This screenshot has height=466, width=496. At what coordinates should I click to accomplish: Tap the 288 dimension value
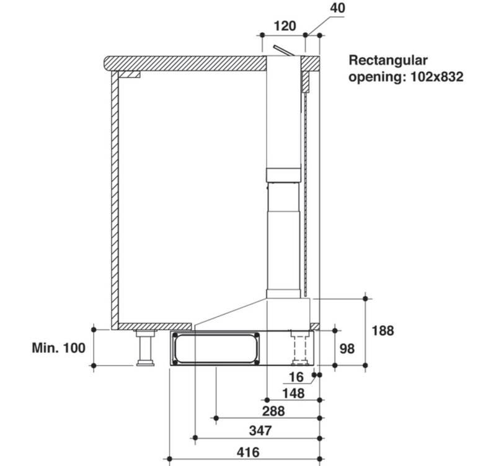273,411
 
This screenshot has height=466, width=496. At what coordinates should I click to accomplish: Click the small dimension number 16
297,377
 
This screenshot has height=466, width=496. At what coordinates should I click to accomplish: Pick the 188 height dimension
383,331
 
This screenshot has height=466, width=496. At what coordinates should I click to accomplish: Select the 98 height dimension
347,349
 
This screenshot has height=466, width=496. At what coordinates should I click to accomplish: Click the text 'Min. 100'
58,348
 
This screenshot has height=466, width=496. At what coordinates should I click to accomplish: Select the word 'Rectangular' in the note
389,61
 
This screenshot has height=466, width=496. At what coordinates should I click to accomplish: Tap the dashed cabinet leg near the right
301,349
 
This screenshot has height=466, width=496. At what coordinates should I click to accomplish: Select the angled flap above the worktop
280,50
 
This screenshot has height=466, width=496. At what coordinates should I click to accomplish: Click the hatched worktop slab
186,63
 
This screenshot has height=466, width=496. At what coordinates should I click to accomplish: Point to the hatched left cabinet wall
115,199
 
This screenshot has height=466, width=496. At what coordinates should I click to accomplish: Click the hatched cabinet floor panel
154,326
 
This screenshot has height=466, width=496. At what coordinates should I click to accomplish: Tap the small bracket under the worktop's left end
130,74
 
